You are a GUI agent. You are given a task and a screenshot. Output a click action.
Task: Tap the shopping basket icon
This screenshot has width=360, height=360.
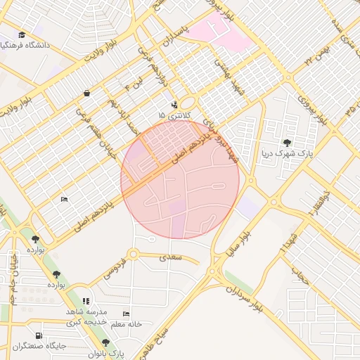pos(86,93)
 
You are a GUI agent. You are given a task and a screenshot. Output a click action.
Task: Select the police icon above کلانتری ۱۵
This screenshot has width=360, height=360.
pos(174,105)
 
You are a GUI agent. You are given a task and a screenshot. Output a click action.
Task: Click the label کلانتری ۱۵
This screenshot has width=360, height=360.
pos(172,115)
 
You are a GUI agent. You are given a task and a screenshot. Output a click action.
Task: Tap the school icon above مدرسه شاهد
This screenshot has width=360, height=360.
pos(86,300)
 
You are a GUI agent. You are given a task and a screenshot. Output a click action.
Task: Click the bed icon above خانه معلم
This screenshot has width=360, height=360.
pos(127,314)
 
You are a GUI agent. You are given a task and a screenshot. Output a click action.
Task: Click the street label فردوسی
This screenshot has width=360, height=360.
pos(114,270)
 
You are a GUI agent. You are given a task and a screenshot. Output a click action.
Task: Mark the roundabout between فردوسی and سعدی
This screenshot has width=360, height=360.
pos(133,254)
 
